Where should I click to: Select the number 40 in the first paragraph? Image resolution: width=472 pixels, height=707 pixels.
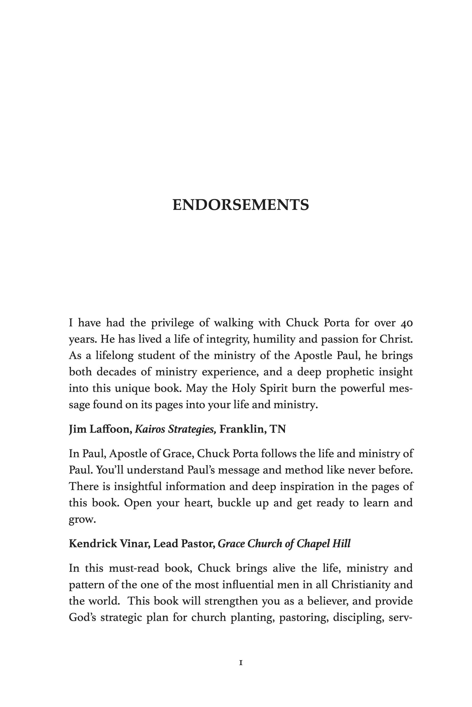click(407, 323)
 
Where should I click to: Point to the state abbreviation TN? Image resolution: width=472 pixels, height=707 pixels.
click(278, 429)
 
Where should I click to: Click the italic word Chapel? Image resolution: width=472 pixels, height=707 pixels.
click(313, 544)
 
